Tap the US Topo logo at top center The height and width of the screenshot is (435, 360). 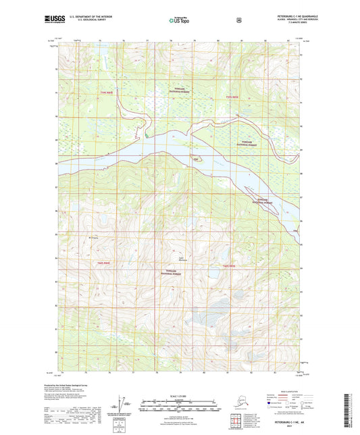click(179, 21)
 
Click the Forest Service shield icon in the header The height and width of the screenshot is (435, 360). click(238, 20)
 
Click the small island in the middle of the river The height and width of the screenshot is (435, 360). click(197, 159)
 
